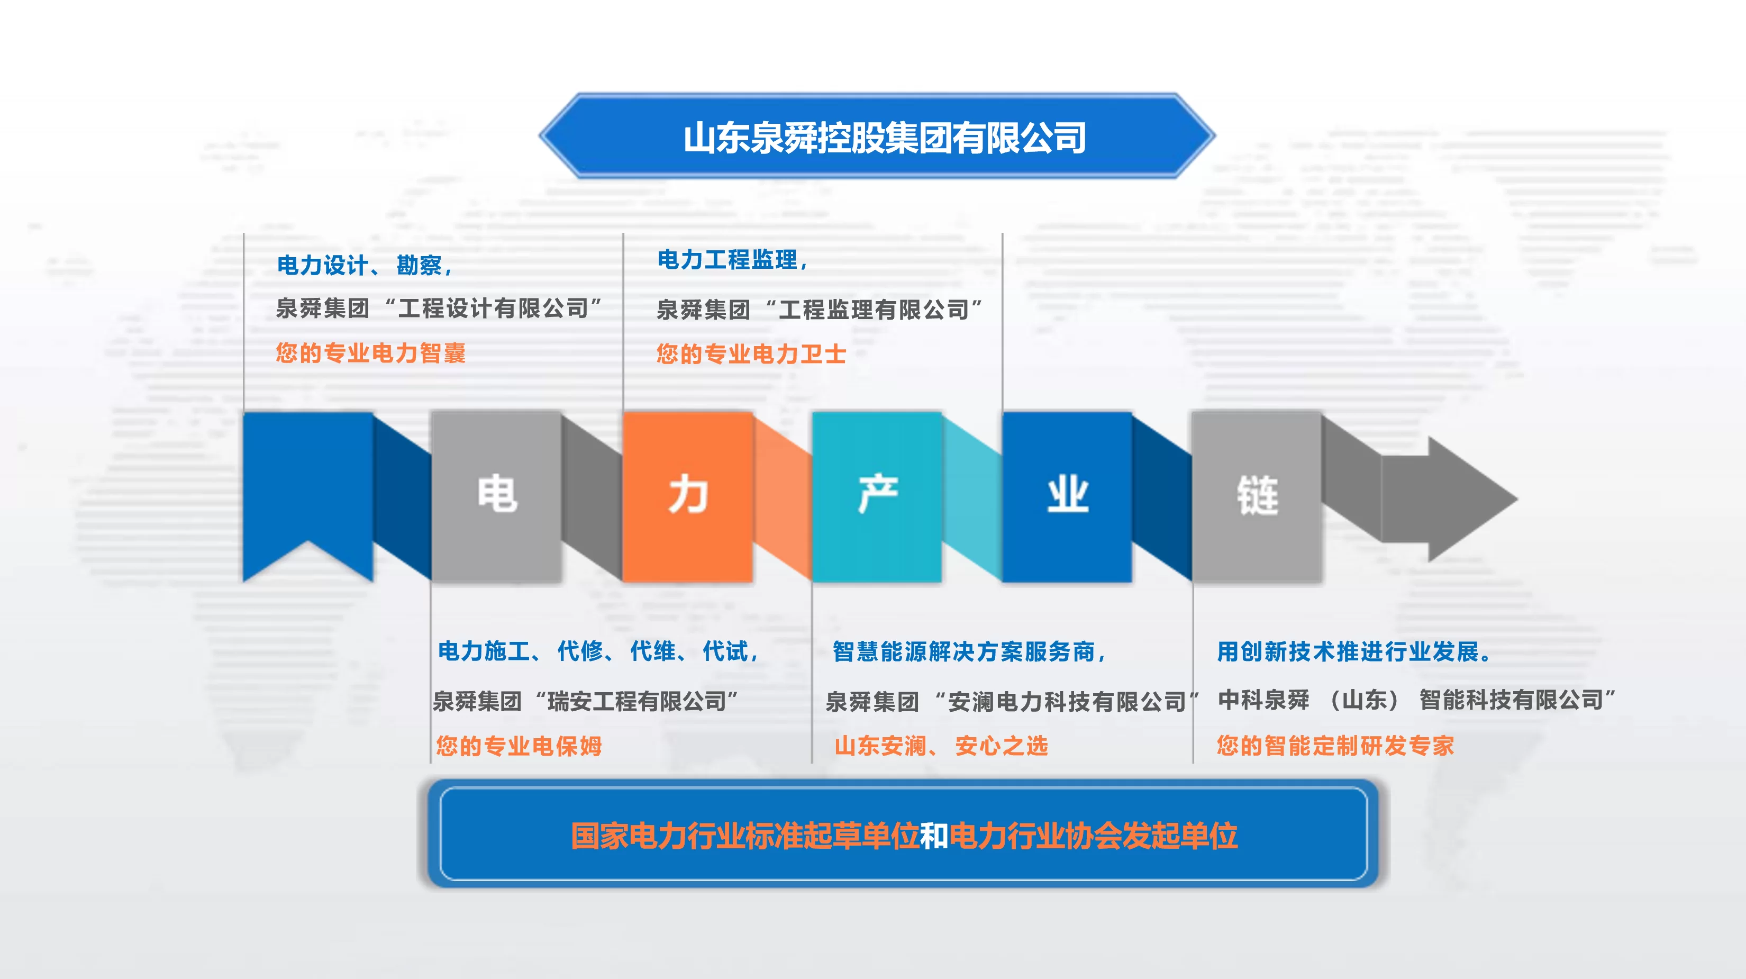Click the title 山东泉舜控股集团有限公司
tap(885, 138)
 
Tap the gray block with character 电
tap(497, 496)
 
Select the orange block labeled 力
tap(688, 496)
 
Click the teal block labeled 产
tap(878, 496)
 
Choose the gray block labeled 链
tap(1257, 496)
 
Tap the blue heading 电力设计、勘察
tap(365, 265)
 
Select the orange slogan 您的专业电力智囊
tap(371, 352)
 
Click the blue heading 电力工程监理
tap(733, 260)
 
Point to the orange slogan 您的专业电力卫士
tap(751, 354)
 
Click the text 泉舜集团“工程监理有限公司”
tap(820, 310)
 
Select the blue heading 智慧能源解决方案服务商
tap(969, 651)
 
